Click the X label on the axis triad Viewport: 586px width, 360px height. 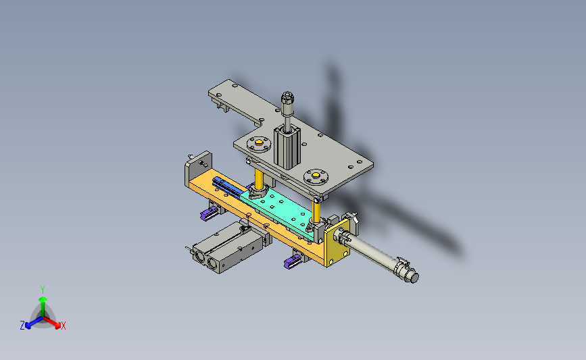tap(63, 326)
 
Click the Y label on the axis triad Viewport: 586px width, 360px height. tap(43, 290)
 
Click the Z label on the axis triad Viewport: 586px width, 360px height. tap(22, 326)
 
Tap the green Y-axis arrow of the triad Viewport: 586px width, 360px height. tap(43, 307)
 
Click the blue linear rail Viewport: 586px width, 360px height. tap(228, 188)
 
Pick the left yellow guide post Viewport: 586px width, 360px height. tap(259, 178)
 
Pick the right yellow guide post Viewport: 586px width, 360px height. tap(316, 211)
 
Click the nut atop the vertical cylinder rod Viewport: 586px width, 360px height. tap(287, 97)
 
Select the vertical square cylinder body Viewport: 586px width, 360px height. tap(287, 148)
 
